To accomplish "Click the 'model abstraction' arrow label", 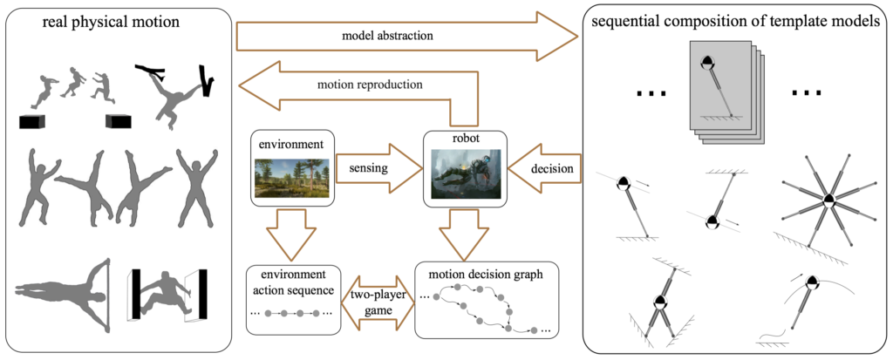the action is click(387, 36).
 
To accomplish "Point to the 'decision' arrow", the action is click(545, 168).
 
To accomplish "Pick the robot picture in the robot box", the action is click(466, 173).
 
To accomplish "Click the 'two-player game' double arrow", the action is click(378, 302).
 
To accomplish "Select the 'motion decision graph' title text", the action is click(486, 274).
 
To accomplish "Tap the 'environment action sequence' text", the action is click(293, 282).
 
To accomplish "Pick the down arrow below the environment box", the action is click(292, 233).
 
